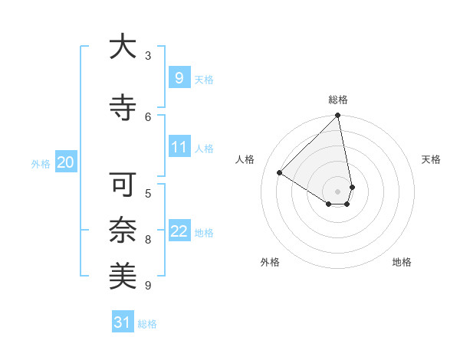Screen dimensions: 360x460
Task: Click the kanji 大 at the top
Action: point(123,47)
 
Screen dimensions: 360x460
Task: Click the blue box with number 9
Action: point(179,77)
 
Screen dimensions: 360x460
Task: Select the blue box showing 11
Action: point(179,147)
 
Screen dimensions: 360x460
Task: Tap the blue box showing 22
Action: point(179,231)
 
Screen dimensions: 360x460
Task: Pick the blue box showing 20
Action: point(65,162)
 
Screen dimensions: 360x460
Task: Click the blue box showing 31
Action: point(122,322)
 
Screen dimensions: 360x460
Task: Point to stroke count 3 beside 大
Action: point(148,56)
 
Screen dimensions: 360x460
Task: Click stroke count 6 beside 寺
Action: point(148,116)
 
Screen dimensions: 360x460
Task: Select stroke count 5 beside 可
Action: point(148,193)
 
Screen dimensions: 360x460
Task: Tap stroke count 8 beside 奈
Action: point(148,240)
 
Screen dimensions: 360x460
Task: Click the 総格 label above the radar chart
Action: point(338,100)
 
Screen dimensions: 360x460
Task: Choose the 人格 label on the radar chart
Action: point(245,159)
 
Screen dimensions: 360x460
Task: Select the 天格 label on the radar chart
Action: point(431,159)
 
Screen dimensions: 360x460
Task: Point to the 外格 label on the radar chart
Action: point(270,262)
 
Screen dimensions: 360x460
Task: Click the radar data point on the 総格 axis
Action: point(338,116)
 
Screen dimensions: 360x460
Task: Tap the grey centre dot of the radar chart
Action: point(338,191)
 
